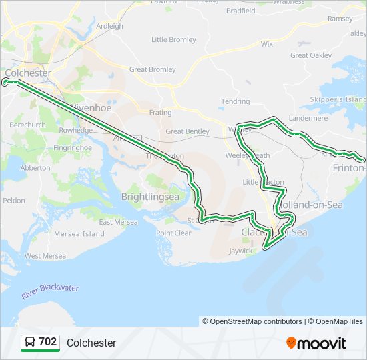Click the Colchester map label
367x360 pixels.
pos(28,72)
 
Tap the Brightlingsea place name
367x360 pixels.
pos(150,197)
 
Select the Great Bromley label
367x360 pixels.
pos(153,69)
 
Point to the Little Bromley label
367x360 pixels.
pos(174,39)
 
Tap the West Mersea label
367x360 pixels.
pos(45,255)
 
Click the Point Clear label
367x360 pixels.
pos(173,233)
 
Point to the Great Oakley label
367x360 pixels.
pos(311,55)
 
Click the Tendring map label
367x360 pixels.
pos(235,102)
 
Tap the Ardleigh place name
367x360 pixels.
pos(110,26)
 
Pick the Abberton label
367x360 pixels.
pos(35,168)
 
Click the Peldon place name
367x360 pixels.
pos(14,200)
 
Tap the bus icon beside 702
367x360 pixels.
pos(30,343)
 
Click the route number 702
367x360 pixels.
pos(47,342)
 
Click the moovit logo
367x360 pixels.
pos(316,343)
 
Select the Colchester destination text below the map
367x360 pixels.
pos(91,343)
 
